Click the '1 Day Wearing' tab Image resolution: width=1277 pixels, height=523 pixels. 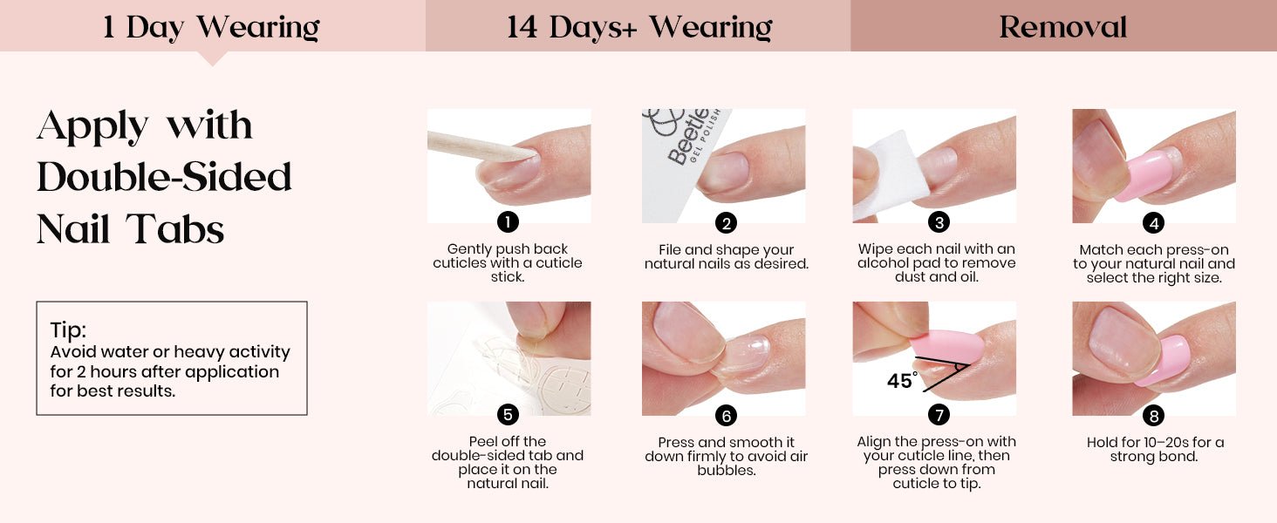click(x=212, y=25)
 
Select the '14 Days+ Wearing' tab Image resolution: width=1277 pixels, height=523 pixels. click(x=638, y=25)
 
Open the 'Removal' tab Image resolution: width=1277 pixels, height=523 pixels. click(x=1064, y=25)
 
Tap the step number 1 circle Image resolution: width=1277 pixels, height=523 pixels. click(x=508, y=221)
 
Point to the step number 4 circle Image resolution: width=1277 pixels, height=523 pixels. click(x=1153, y=223)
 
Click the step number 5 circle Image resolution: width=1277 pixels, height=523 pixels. click(x=508, y=414)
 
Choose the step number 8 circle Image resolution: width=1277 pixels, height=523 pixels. click(x=1153, y=415)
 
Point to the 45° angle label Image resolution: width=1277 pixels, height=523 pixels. click(x=902, y=380)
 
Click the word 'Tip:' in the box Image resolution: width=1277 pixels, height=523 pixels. click(x=68, y=329)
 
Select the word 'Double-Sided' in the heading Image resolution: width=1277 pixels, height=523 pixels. click(x=164, y=177)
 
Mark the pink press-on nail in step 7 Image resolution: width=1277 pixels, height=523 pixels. click(x=946, y=347)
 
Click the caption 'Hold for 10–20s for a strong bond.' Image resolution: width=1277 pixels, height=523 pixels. click(x=1154, y=449)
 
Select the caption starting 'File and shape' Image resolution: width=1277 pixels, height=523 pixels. click(x=727, y=256)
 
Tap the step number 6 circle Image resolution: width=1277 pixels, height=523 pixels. click(x=726, y=415)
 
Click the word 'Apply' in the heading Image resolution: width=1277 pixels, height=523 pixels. click(x=92, y=126)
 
